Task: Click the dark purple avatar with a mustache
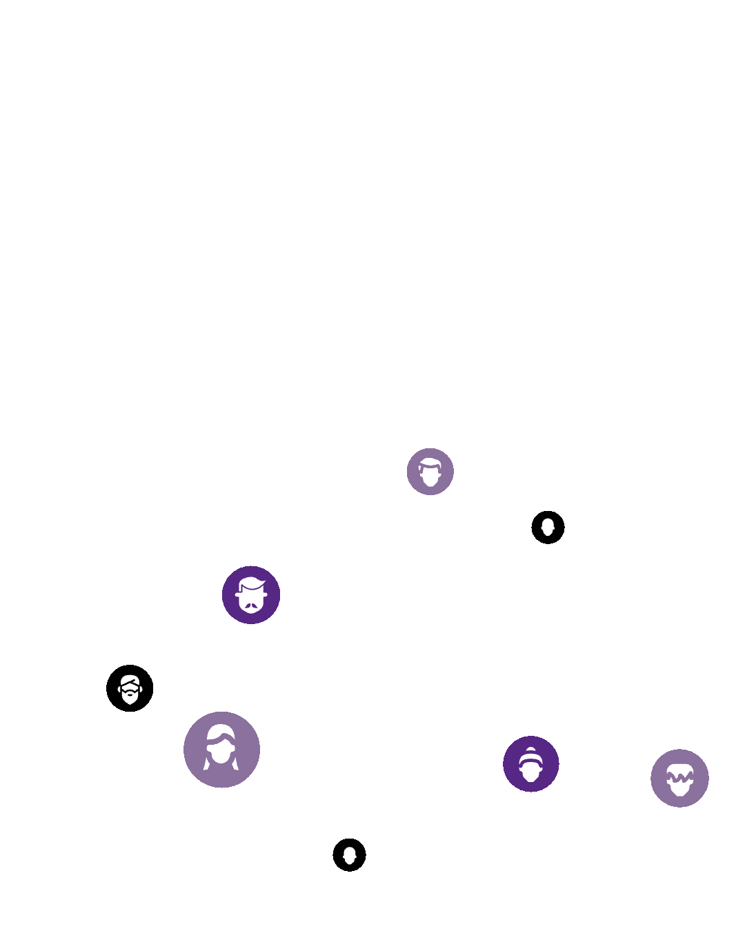click(251, 594)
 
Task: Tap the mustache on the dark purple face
click(252, 606)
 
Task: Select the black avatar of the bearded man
click(130, 688)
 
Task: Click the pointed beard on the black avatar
click(130, 699)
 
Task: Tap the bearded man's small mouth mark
click(130, 694)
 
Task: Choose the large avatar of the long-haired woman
click(221, 750)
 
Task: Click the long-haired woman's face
click(221, 752)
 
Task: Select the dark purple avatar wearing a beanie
click(530, 764)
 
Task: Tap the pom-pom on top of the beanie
click(530, 750)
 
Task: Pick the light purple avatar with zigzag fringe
click(679, 778)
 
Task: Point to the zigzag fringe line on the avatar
click(679, 777)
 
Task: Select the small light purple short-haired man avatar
click(430, 472)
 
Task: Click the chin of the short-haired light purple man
click(430, 483)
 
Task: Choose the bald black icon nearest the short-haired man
click(548, 528)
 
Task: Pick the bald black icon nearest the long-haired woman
click(349, 855)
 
